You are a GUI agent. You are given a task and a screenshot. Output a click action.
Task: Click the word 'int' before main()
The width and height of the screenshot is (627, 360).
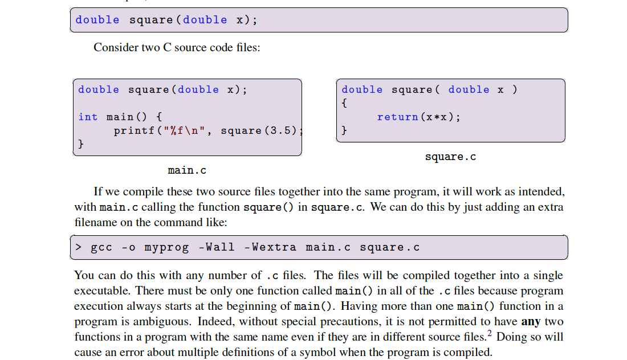point(88,117)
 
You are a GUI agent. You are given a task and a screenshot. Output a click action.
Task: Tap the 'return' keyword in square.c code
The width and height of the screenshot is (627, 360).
point(397,117)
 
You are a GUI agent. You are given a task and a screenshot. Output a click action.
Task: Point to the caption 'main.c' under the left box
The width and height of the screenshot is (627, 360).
point(187,170)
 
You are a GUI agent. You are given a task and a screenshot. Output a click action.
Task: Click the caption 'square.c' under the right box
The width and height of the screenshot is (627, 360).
point(450,157)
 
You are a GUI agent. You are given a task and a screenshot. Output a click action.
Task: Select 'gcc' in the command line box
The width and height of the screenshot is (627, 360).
point(101,247)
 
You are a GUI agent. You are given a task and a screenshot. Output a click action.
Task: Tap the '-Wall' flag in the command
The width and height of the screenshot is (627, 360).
point(216,247)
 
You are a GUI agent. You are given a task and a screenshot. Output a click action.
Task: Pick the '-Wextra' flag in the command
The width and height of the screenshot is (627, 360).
point(270,247)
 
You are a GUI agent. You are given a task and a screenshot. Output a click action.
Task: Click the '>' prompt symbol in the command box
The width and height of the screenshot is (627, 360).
point(79,247)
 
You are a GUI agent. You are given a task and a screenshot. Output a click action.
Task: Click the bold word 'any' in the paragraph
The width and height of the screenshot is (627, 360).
point(531,321)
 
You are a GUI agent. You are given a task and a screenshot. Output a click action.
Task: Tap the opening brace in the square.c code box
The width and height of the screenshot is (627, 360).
point(344,103)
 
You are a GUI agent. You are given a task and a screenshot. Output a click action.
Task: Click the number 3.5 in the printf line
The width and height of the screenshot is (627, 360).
point(282,130)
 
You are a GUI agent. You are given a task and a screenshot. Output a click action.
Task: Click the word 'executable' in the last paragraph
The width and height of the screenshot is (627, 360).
point(101,291)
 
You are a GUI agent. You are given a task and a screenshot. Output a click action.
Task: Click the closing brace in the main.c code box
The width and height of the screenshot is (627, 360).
point(81,144)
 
